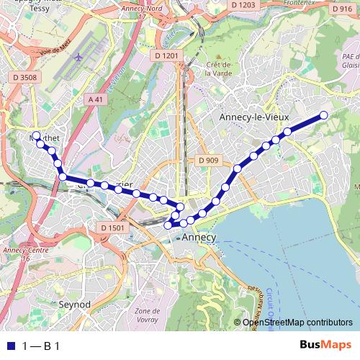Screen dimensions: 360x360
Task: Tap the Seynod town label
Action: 74,305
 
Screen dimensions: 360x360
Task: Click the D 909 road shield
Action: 207,161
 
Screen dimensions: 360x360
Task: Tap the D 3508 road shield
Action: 24,76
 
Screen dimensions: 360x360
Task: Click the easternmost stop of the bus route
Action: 323,115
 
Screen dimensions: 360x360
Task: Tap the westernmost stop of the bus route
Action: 36,135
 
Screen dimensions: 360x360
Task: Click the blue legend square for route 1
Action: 9,346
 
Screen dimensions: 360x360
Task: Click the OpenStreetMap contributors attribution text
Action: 297,323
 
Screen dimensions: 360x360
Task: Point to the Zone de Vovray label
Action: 147,314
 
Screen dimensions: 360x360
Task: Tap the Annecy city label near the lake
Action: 199,237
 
